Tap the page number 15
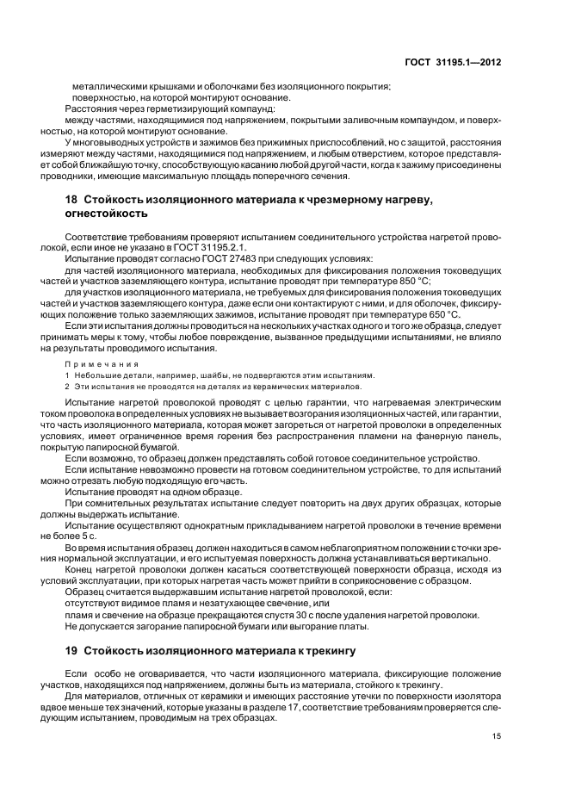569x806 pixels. pyautogui.click(x=497, y=735)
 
